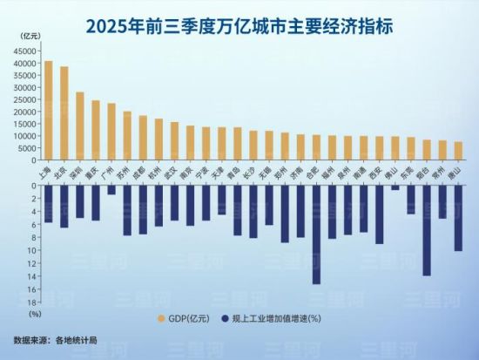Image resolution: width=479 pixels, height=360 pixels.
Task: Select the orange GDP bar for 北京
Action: [64, 113]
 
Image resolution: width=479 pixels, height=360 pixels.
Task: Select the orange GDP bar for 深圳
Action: [80, 126]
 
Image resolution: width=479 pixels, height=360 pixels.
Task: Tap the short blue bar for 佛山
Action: [395, 187]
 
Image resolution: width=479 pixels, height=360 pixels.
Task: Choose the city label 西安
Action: [378, 172]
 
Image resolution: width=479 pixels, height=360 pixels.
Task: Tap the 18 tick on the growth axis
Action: [31, 302]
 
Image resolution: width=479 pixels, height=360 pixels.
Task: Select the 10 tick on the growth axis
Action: [31, 250]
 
